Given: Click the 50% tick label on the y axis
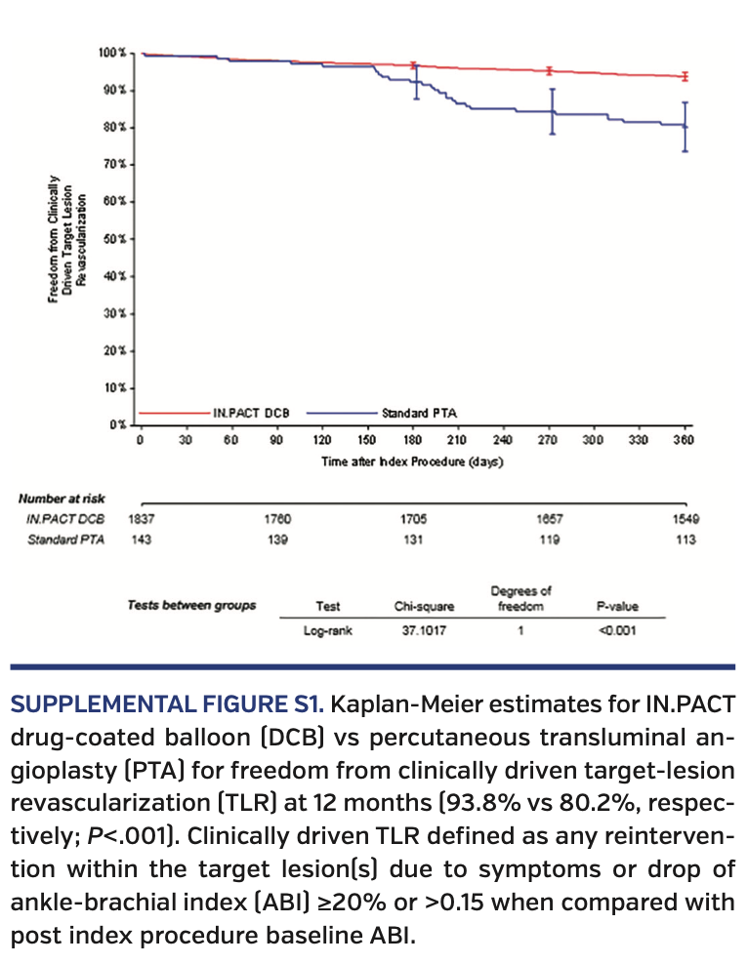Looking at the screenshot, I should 115,238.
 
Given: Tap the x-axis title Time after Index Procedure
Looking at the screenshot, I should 412,462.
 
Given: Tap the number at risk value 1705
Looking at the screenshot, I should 414,521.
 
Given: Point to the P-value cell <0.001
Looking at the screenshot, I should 615,630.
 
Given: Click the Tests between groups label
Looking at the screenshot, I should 191,605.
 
